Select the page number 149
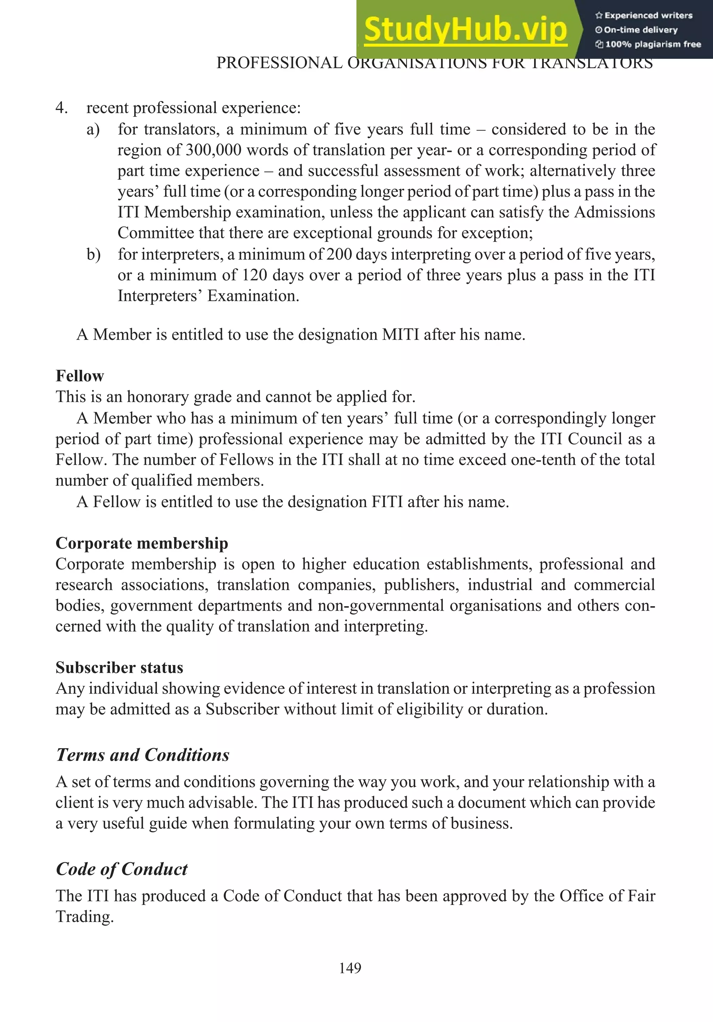point(350,968)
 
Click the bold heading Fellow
point(80,376)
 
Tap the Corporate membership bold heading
point(142,543)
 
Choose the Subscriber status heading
point(119,668)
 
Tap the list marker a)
point(93,130)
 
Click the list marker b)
point(93,255)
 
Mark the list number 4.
point(61,108)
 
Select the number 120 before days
point(254,275)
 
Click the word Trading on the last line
point(85,917)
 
